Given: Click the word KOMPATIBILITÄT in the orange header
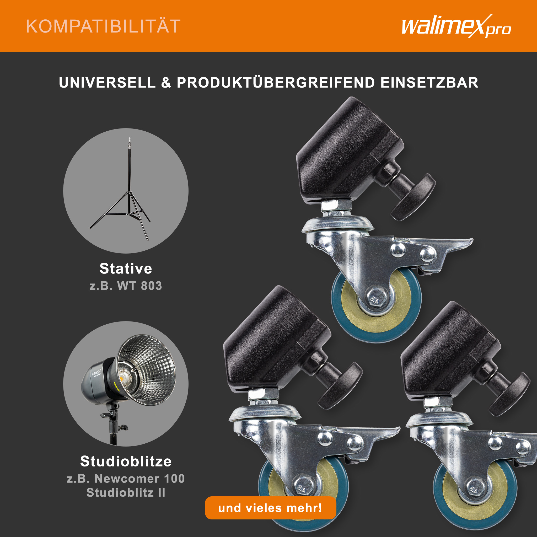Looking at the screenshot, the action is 103,26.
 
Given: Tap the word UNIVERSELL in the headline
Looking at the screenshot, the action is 107,83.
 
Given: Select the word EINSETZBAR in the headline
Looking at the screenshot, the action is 429,83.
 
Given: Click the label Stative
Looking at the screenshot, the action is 126,268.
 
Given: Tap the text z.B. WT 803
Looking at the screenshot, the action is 126,286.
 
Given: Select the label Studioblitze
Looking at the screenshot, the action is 126,461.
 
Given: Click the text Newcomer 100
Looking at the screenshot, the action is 139,479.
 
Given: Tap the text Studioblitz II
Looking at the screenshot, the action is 126,493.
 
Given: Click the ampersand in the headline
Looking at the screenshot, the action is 166,83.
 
